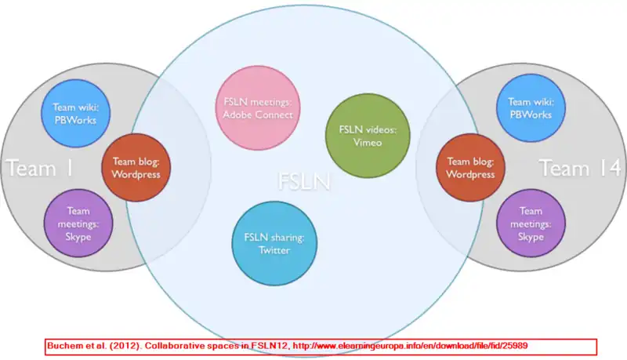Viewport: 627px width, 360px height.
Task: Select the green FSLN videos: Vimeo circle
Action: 362,135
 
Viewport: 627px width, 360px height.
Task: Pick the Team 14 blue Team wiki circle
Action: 530,107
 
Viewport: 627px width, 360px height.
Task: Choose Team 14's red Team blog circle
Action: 470,169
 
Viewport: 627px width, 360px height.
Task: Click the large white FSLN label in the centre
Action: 304,183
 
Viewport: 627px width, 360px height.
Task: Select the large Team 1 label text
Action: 39,168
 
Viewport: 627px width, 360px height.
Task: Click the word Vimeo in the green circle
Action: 362,143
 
